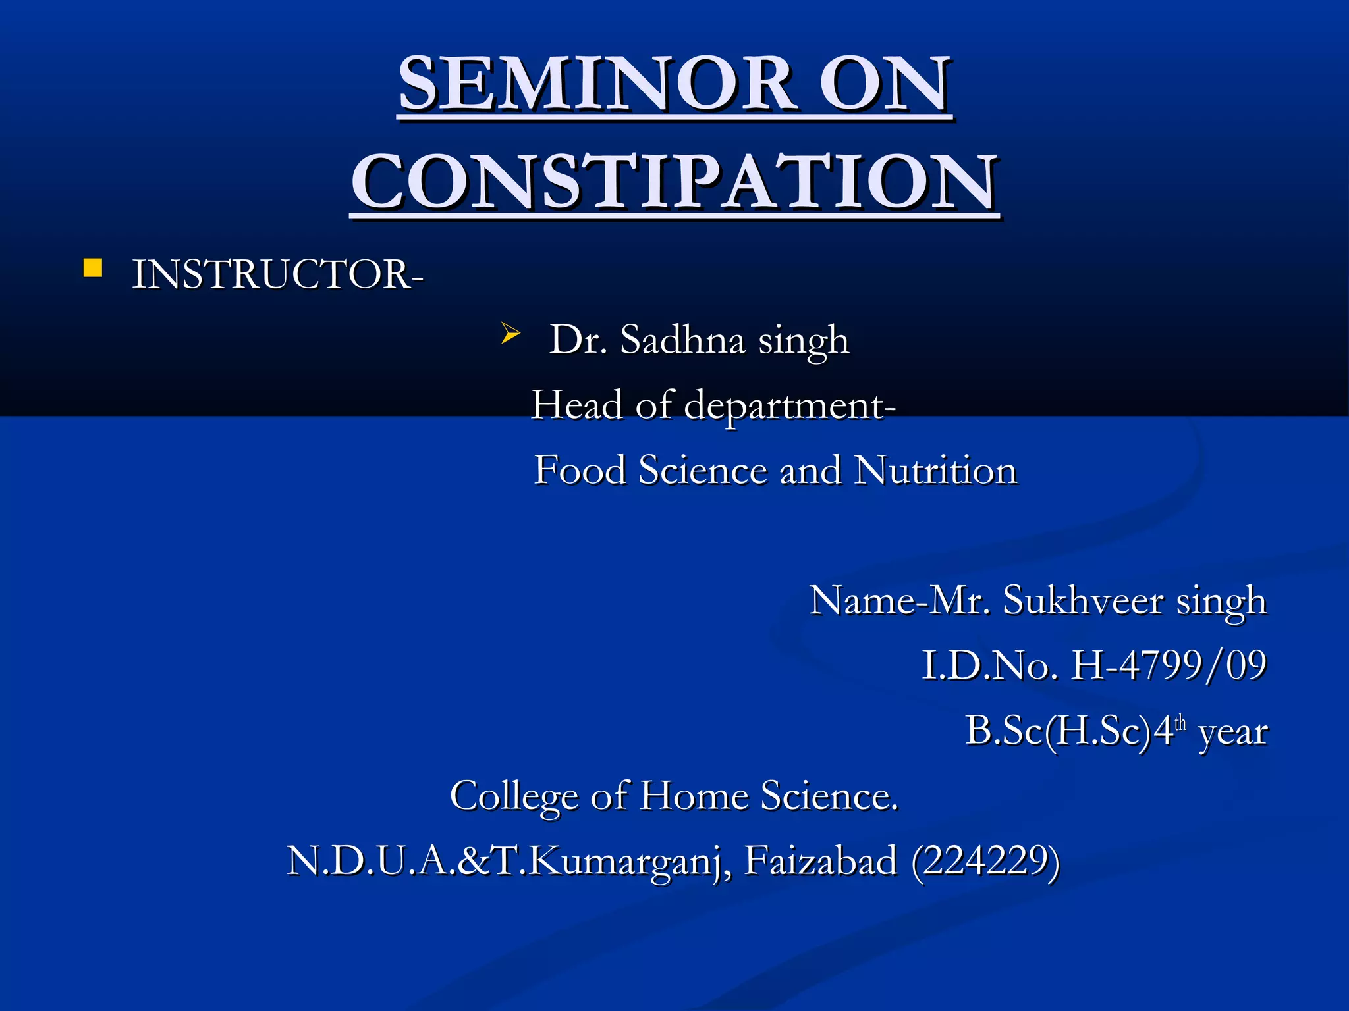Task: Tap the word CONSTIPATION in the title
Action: click(x=674, y=181)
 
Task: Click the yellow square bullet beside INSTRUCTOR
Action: click(x=93, y=269)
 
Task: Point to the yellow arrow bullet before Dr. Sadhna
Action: click(x=510, y=333)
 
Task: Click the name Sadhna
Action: click(x=682, y=340)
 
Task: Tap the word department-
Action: click(x=789, y=405)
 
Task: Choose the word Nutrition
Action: click(x=935, y=471)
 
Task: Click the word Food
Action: click(x=580, y=471)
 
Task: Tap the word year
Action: click(x=1233, y=732)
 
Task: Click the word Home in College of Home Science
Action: click(x=694, y=796)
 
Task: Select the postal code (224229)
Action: click(x=985, y=861)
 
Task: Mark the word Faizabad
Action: click(x=821, y=861)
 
